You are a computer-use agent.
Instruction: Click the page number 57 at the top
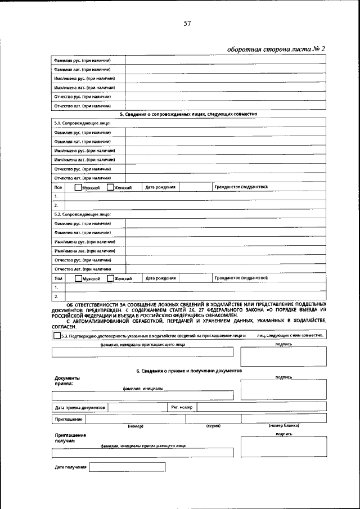pyautogui.click(x=187, y=23)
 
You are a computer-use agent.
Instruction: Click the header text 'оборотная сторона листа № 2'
pyautogui.click(x=276, y=49)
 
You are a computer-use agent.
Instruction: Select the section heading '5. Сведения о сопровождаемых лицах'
pyautogui.click(x=188, y=114)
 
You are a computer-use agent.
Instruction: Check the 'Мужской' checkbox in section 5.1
pyautogui.click(x=78, y=187)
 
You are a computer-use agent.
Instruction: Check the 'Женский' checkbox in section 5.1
pyautogui.click(x=110, y=187)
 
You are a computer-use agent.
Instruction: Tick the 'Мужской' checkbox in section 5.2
pyautogui.click(x=78, y=278)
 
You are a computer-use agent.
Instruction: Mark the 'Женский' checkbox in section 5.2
pyautogui.click(x=110, y=278)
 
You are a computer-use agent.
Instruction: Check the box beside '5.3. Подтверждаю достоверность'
pyautogui.click(x=57, y=336)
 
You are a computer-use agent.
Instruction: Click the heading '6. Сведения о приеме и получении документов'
pyautogui.click(x=188, y=371)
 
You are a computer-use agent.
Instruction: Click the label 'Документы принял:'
pyautogui.click(x=67, y=381)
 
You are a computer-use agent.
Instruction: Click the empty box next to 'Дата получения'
pyautogui.click(x=127, y=467)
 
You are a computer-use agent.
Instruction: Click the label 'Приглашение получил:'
pyautogui.click(x=70, y=438)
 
